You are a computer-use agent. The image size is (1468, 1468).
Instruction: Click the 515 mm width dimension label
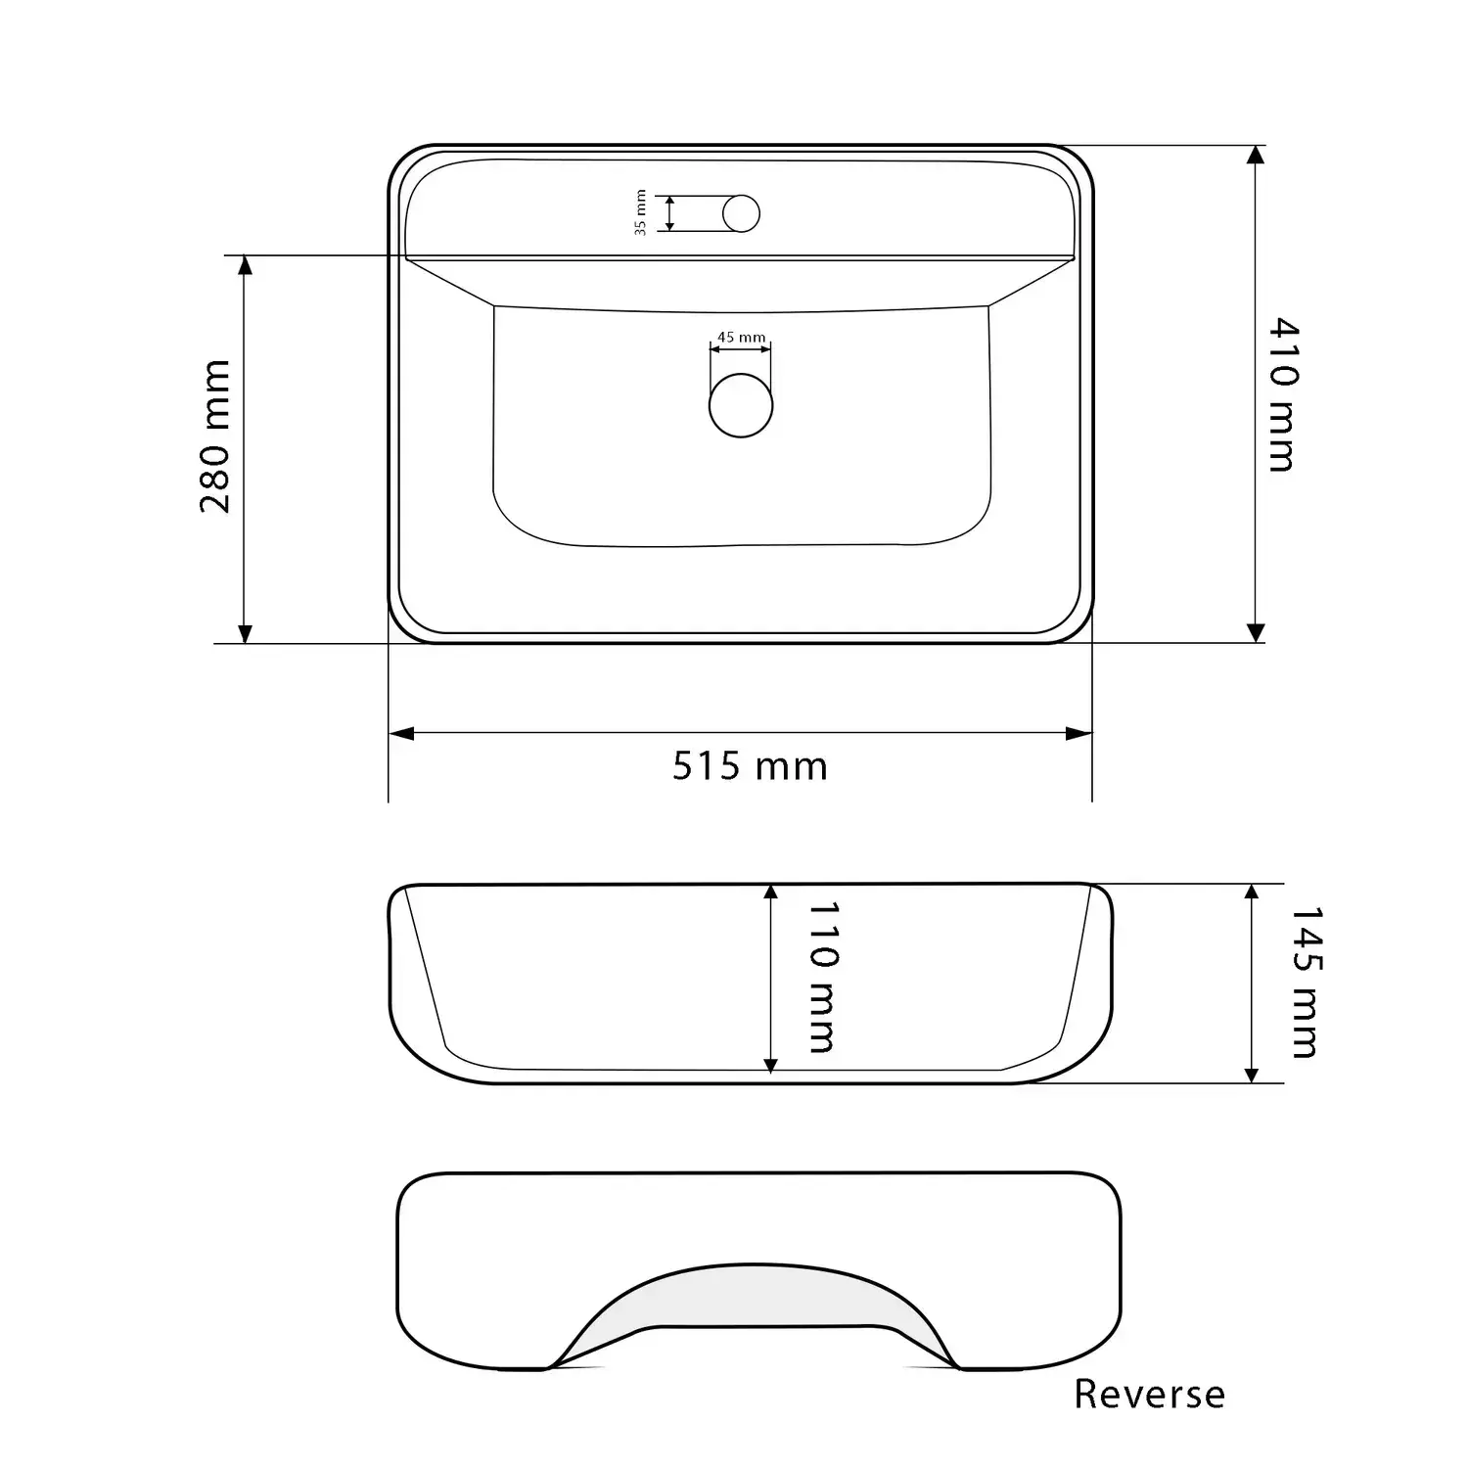(750, 765)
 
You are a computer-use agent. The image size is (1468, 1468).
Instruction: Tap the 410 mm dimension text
(1280, 394)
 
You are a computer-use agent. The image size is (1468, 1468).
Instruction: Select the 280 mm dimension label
(215, 436)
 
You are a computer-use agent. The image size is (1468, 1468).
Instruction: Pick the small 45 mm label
(742, 338)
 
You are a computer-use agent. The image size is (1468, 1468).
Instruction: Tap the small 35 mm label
(641, 212)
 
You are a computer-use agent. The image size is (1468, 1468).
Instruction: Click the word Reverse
(1149, 1394)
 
